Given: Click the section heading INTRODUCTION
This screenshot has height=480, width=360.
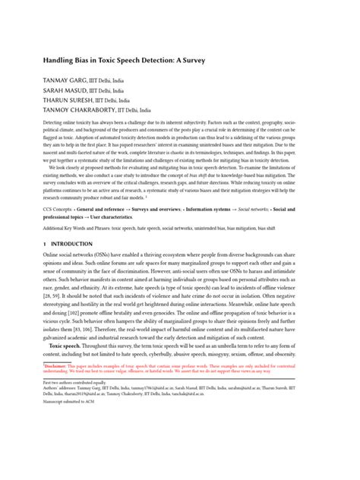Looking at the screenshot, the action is click(x=81, y=244).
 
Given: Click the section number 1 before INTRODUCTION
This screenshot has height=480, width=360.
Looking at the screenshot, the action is click(x=45, y=244).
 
